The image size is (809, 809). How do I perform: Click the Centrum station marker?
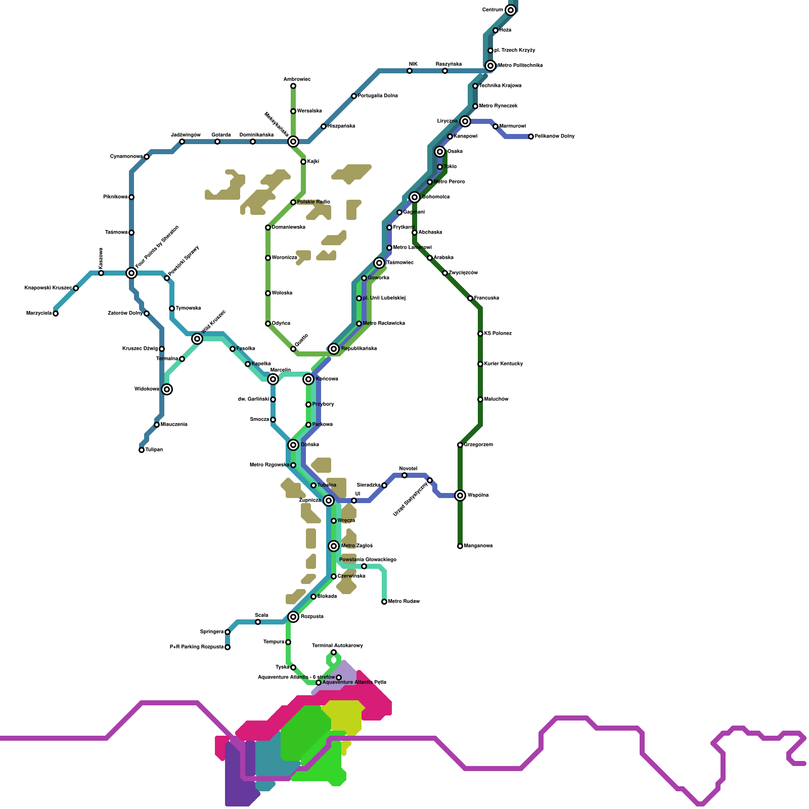coord(511,10)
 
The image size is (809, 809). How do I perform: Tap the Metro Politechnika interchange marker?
coord(490,66)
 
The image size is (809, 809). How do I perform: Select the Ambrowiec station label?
coord(297,79)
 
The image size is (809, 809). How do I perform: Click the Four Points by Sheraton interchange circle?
coord(131,273)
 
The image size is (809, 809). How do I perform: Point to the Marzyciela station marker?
coord(56,313)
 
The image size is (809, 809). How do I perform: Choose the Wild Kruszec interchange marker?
coord(197,339)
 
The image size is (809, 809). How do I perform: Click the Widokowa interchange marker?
coord(167,389)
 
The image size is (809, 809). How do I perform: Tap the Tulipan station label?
coord(154,450)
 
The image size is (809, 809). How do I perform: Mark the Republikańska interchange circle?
coord(334,349)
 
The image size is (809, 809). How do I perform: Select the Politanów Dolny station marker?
coord(531,137)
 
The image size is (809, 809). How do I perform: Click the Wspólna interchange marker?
coord(460,496)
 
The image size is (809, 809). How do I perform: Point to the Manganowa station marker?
coord(460,546)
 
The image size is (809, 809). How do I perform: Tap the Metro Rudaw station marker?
coord(384,602)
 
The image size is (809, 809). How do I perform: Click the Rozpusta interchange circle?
coord(293,617)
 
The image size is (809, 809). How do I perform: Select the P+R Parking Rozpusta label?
coord(197,647)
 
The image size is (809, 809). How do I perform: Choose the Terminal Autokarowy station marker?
coord(334,652)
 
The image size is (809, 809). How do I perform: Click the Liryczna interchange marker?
coord(465,121)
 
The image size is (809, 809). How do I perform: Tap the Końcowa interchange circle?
coord(308,379)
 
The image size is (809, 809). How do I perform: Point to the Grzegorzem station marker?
coord(460,445)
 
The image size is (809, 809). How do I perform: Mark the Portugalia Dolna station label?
coord(378,96)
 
